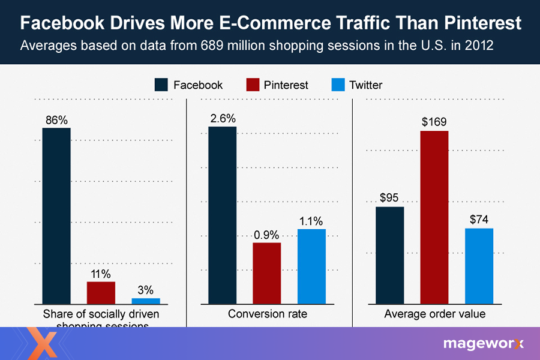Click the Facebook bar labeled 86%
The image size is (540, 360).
[56, 215]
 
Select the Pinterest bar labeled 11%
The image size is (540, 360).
[101, 292]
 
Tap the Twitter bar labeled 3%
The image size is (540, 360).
[146, 301]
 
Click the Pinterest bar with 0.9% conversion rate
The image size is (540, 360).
[266, 273]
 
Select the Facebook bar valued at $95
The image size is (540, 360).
[389, 255]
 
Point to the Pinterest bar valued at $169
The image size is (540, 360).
[434, 217]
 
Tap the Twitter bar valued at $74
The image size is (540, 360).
[479, 266]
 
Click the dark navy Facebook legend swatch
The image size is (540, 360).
[161, 85]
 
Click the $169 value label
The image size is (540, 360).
[434, 122]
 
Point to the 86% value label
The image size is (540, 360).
[56, 119]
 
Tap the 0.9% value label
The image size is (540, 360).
[266, 234]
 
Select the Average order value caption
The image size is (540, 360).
[434, 314]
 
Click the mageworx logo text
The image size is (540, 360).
[483, 344]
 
